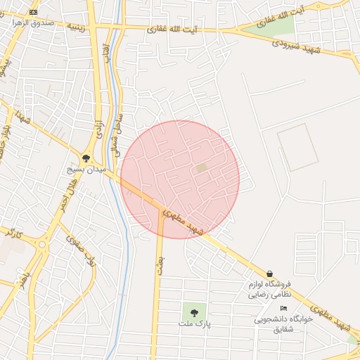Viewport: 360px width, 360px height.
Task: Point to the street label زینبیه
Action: [76, 27]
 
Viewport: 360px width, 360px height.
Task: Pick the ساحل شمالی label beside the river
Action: [115, 134]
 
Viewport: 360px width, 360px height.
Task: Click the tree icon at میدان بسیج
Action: [86, 158]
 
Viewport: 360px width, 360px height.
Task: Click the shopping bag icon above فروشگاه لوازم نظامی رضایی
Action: [269, 274]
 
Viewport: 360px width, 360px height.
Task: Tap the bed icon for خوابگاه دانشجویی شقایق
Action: [283, 309]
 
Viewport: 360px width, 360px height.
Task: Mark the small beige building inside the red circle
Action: [202, 168]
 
